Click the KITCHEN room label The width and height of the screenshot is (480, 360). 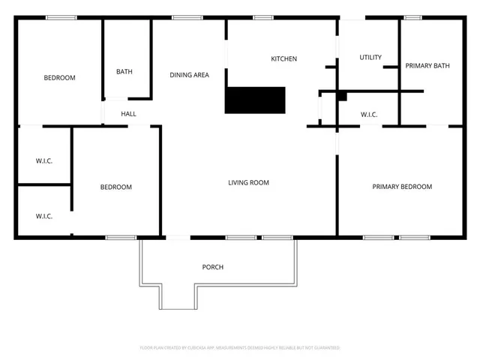(x=284, y=58)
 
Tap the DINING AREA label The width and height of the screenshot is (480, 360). (x=189, y=74)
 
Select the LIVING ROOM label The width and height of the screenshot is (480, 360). (x=248, y=182)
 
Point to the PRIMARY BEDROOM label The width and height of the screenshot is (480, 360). (x=402, y=187)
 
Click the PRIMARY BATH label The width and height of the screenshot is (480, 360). (x=427, y=66)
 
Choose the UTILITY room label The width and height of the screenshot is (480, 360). (x=370, y=58)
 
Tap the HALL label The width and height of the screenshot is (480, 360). (x=129, y=114)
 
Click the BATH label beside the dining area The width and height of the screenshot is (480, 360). (x=124, y=72)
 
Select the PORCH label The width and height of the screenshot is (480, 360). (x=213, y=267)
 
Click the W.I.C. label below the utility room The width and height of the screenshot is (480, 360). (x=368, y=115)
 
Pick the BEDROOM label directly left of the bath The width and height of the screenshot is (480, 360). (x=59, y=78)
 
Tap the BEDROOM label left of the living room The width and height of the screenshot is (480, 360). (x=116, y=187)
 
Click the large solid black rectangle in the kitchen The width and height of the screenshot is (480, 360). (x=256, y=100)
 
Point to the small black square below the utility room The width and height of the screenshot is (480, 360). (x=342, y=95)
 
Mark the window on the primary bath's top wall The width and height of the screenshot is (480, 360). (x=412, y=17)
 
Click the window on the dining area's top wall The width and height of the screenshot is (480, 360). (x=183, y=17)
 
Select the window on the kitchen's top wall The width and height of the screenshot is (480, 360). (x=262, y=17)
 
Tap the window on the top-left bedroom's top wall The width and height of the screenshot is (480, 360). (x=61, y=17)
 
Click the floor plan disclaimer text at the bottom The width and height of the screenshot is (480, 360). (x=240, y=348)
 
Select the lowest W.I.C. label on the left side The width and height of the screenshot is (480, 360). (x=44, y=216)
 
